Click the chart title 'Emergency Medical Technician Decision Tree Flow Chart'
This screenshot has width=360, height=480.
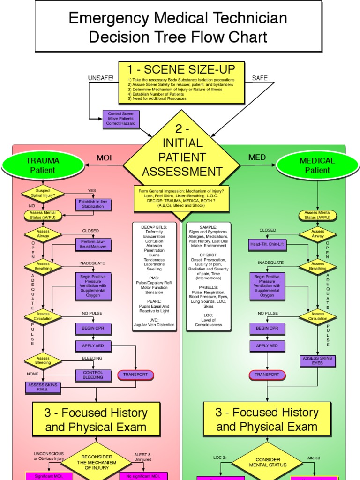tap(178, 27)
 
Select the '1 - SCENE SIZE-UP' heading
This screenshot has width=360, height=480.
tap(181, 70)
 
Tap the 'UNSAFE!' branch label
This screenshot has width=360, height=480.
tap(101, 78)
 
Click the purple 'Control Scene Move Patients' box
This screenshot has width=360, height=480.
tap(120, 119)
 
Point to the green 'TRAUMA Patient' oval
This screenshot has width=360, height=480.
tap(43, 165)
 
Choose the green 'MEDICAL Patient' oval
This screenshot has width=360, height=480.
tap(317, 165)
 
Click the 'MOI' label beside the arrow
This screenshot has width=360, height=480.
tap(104, 157)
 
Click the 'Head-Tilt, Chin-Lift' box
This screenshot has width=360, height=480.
tap(267, 244)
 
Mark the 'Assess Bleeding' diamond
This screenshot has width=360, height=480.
tap(43, 360)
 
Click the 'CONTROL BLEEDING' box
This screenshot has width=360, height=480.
tap(93, 375)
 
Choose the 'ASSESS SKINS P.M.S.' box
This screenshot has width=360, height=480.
tap(43, 387)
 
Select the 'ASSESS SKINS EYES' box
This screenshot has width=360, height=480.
tap(317, 360)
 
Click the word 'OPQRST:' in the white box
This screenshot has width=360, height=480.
tap(208, 255)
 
